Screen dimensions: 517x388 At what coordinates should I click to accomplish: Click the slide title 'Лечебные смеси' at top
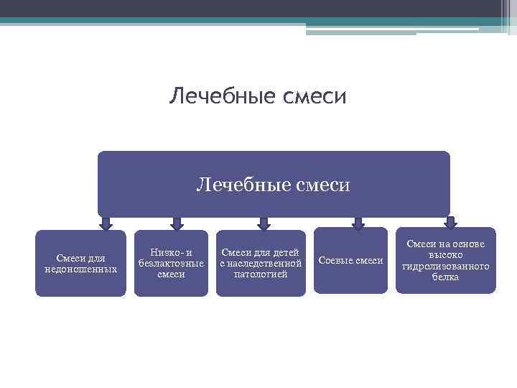click(258, 96)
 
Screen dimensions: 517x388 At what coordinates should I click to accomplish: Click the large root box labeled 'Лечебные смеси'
click(274, 185)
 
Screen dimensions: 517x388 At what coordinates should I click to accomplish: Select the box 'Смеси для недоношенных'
click(80, 263)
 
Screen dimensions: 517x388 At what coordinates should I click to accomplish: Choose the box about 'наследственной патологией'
click(261, 263)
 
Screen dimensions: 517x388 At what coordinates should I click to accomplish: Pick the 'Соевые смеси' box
click(350, 260)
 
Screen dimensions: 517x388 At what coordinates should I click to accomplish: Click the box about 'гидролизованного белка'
click(446, 260)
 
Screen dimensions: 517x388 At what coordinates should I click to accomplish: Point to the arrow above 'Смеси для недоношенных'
click(106, 223)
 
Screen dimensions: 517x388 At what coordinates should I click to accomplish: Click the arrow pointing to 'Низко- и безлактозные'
click(177, 223)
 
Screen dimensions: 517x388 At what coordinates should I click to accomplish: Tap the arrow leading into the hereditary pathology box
click(265, 223)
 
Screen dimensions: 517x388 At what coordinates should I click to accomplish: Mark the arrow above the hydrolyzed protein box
click(450, 222)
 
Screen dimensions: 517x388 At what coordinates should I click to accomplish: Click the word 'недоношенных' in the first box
click(80, 269)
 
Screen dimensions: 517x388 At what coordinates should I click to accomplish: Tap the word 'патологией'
click(261, 274)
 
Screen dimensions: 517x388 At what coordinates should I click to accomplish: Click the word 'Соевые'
click(334, 260)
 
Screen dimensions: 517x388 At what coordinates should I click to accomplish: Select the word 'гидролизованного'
click(446, 266)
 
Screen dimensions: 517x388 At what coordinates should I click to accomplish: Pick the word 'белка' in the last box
click(446, 277)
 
